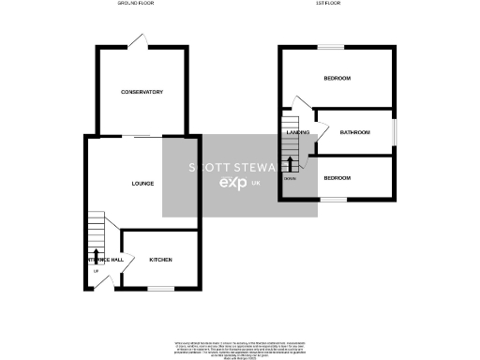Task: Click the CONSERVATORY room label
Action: coord(142,92)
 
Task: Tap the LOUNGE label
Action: coord(142,183)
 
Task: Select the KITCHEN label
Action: coord(161,259)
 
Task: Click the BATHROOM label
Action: coord(355,133)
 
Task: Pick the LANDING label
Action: coord(297,133)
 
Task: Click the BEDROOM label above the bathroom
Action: coord(337,79)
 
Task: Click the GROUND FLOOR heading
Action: coord(136,5)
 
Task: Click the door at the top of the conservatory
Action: coord(138,41)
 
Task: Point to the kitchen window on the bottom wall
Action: coord(160,288)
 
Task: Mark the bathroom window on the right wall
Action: coord(394,131)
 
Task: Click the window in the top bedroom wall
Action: coord(331,46)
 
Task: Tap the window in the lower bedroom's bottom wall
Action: coord(335,199)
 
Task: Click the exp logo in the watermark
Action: coord(232,184)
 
